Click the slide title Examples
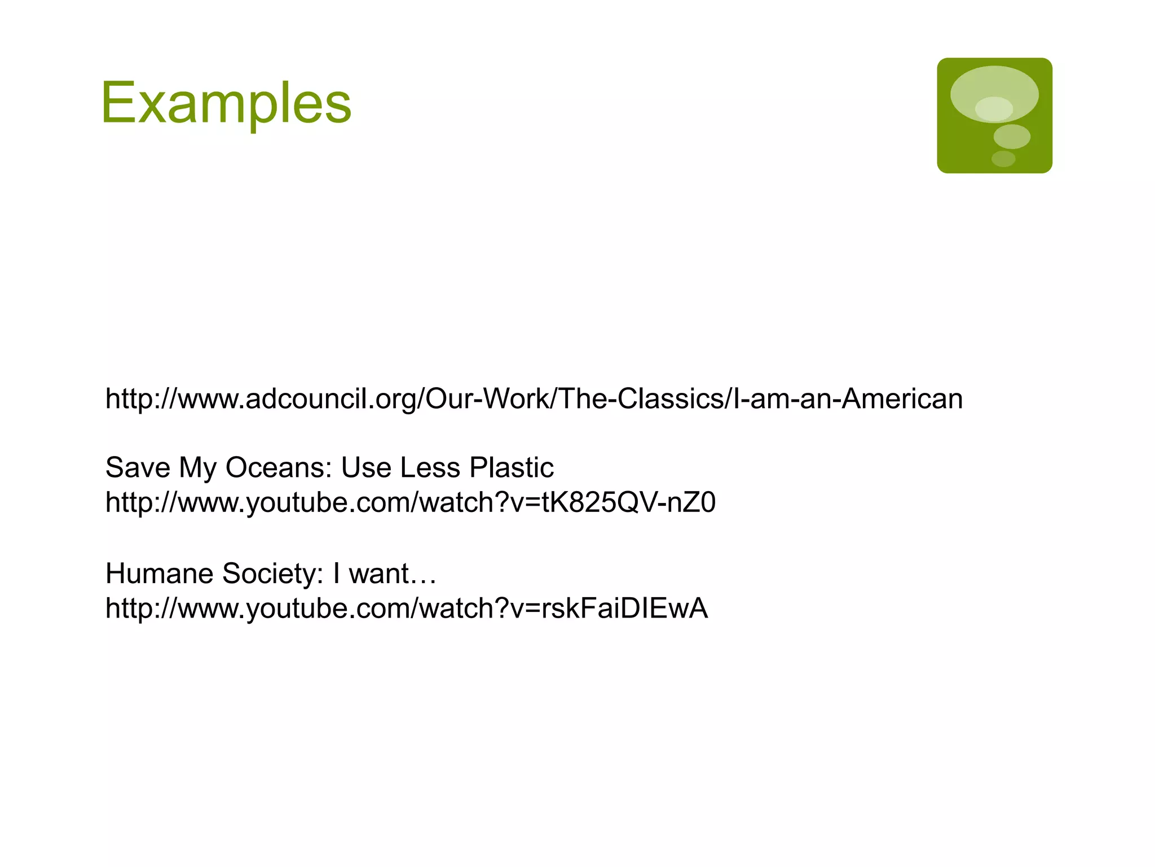pos(226,103)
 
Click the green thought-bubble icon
pos(994,116)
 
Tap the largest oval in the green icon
pos(994,93)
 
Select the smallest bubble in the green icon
pos(1003,159)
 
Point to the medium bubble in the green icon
pos(1012,137)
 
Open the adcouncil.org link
pos(534,399)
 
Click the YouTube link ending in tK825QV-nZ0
pos(410,502)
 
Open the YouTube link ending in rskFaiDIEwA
pos(406,608)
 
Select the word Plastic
pos(512,468)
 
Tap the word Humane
pos(159,573)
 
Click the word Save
pos(138,468)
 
